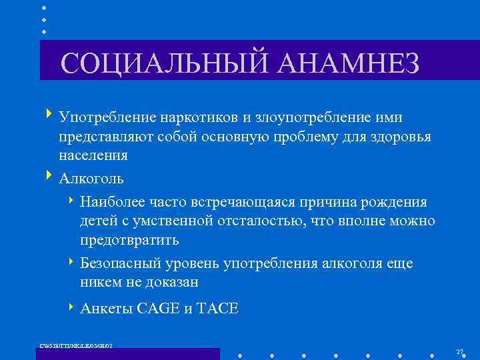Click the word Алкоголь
pos(91,179)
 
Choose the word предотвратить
pos(129,239)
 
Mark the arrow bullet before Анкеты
pos(71,307)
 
